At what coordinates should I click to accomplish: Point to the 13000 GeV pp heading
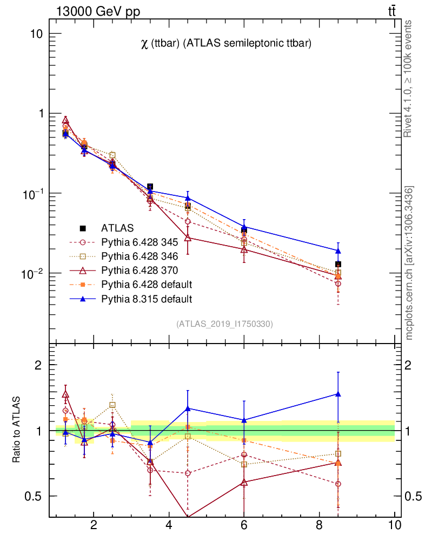pos(98,11)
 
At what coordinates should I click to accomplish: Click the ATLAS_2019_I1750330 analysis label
pos(224,324)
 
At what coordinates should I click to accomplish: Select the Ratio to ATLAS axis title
pos(17,430)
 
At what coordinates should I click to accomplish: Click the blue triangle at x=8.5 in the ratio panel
pos(338,394)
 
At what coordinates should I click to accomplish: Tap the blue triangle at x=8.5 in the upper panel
pos(338,250)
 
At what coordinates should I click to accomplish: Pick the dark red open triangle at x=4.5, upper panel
pos(188,238)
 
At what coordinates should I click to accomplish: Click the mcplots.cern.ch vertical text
pos(410,263)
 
